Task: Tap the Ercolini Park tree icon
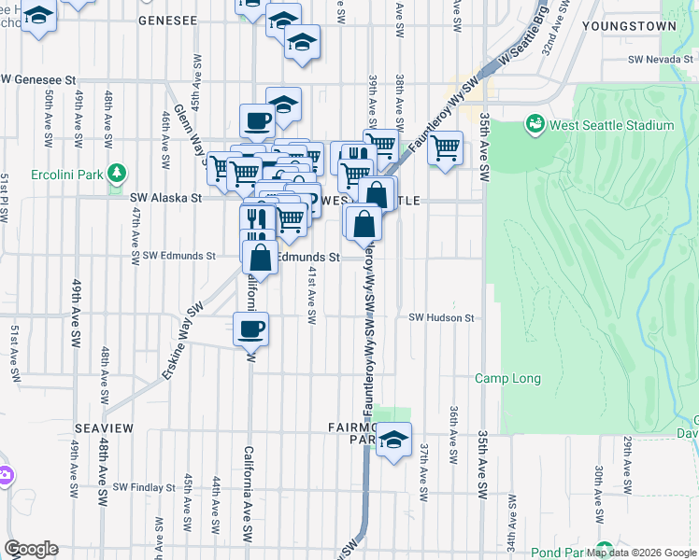(x=116, y=173)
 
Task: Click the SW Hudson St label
(x=441, y=317)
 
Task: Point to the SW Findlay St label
(x=144, y=487)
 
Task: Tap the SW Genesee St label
(x=38, y=81)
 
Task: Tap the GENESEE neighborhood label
(x=170, y=19)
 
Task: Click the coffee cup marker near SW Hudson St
(x=251, y=329)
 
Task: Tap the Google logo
(x=31, y=549)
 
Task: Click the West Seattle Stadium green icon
(x=535, y=123)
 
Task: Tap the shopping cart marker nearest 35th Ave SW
(x=446, y=147)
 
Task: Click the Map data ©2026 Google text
(x=642, y=553)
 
